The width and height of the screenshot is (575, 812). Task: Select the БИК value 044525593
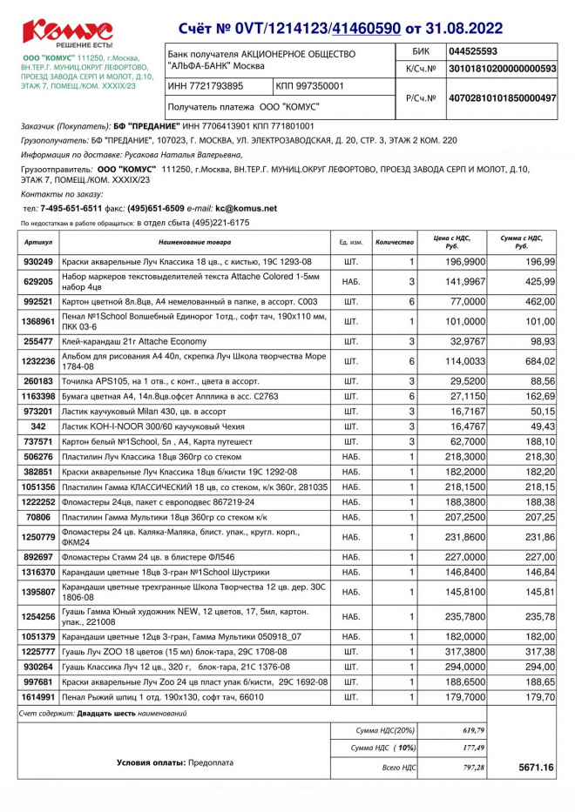point(472,51)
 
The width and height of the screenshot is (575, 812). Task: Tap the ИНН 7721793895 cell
point(206,86)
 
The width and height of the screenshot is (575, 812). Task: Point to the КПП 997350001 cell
point(310,86)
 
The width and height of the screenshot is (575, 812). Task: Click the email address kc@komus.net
point(246,209)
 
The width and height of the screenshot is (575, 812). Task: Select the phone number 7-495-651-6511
point(71,209)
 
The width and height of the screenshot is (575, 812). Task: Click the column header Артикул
point(38,241)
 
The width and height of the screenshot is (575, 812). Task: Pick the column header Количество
point(394,241)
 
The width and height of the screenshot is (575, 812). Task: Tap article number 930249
point(38,262)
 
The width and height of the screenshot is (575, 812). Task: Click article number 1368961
point(38,321)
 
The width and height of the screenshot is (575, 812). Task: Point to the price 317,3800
point(465,651)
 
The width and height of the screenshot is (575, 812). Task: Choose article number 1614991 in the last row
point(38,697)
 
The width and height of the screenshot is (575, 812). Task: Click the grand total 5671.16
point(536,768)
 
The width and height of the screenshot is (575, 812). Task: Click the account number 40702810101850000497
point(501,98)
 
